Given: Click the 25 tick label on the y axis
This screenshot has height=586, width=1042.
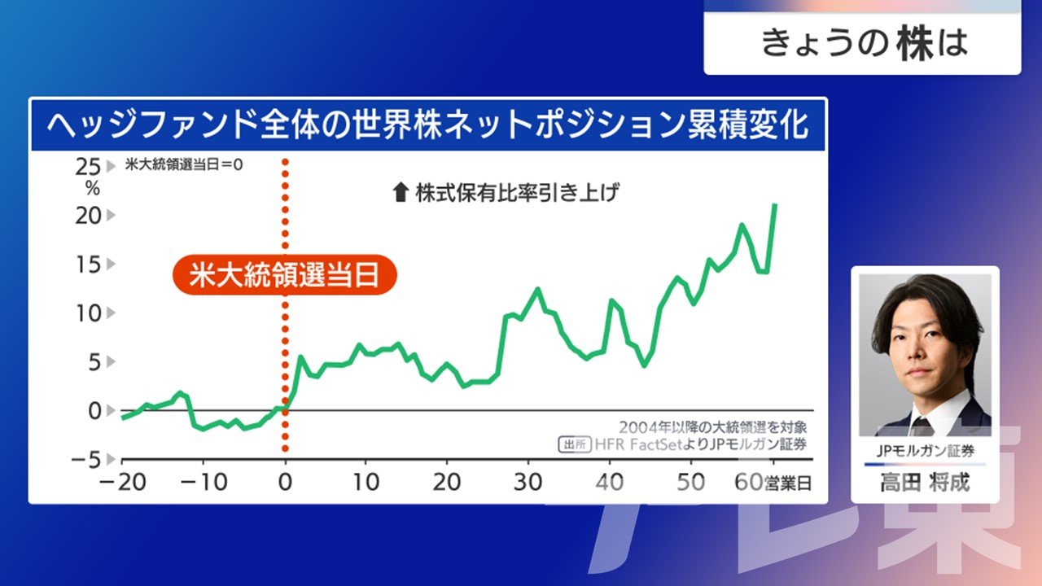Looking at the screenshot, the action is click(x=88, y=167).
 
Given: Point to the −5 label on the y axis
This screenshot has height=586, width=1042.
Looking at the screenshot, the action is click(x=86, y=460).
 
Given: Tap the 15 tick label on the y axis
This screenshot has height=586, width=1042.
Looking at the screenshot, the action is click(x=88, y=265).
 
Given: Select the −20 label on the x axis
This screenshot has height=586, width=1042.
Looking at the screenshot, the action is click(x=122, y=483).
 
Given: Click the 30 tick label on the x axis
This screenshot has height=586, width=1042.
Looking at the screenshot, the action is click(x=528, y=483).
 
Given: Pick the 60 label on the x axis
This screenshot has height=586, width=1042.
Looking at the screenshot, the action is click(x=748, y=483).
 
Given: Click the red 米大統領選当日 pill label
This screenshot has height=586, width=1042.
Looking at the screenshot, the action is click(x=285, y=275).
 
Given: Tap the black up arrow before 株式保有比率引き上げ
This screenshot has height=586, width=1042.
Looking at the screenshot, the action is click(x=401, y=193).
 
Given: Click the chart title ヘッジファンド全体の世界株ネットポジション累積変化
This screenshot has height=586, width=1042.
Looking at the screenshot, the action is click(x=427, y=125).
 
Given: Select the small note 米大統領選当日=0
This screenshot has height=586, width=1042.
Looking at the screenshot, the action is click(x=184, y=164).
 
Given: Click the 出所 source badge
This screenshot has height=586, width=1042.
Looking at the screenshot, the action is click(x=575, y=444).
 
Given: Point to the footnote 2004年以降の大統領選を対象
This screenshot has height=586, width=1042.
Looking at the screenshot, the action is click(x=712, y=427).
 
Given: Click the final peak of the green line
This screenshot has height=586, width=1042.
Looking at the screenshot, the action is click(x=774, y=204).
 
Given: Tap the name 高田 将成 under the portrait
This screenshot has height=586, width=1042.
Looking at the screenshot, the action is click(x=925, y=483).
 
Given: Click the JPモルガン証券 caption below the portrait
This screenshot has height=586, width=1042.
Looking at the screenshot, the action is click(x=925, y=450).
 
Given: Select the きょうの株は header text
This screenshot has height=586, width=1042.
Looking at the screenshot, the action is click(x=865, y=44).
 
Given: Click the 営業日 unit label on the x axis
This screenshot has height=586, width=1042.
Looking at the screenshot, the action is click(x=787, y=483).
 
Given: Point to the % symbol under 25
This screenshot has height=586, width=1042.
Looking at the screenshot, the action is click(x=92, y=188).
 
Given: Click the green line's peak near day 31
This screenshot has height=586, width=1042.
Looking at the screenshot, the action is click(x=538, y=289).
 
